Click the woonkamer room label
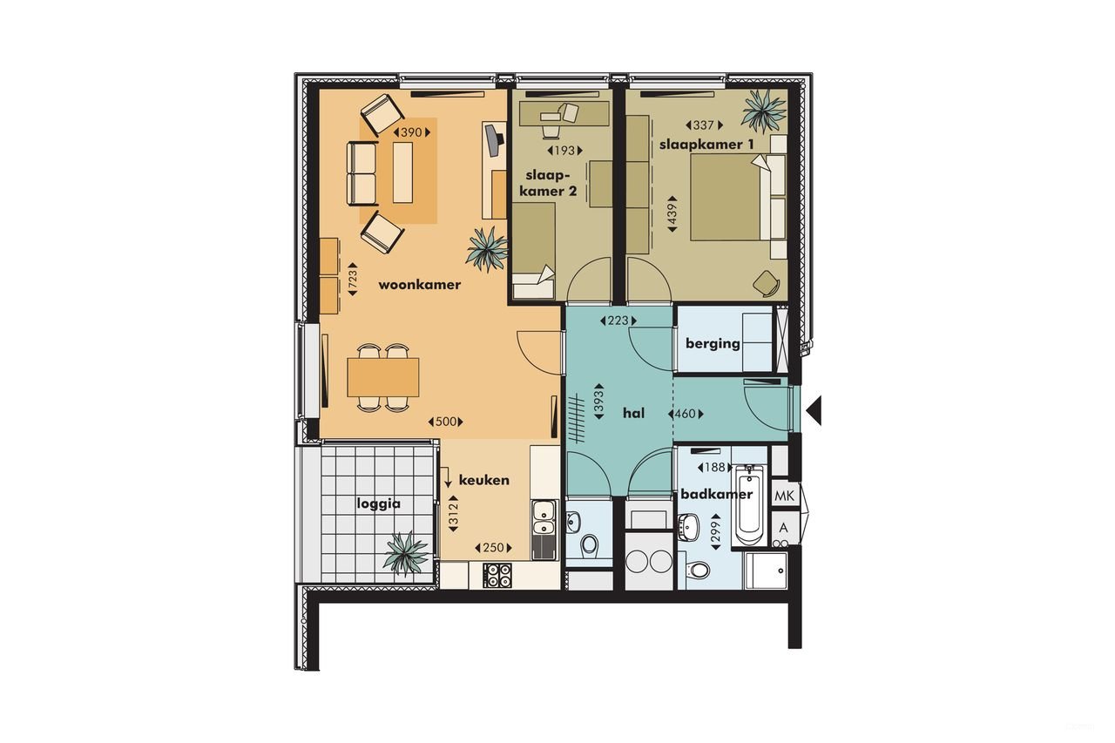click(x=419, y=285)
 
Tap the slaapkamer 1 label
click(x=706, y=145)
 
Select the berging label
click(x=713, y=343)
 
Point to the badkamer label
click(x=716, y=494)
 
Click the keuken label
click(x=483, y=480)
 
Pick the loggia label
click(x=378, y=503)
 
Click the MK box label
click(x=785, y=496)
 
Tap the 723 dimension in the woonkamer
click(x=353, y=279)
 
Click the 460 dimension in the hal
click(x=686, y=414)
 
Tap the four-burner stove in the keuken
click(x=497, y=574)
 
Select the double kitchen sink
click(x=543, y=517)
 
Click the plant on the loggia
click(x=406, y=552)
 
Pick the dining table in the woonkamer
click(x=382, y=377)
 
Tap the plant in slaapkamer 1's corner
click(x=764, y=110)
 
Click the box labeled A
click(x=784, y=528)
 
